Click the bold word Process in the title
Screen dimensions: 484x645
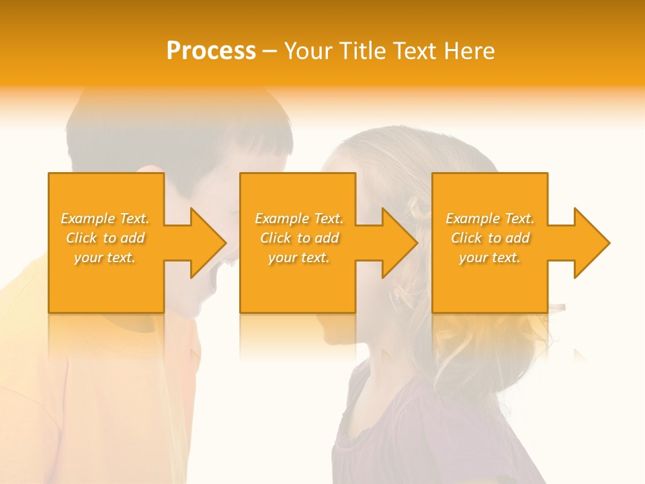(211, 51)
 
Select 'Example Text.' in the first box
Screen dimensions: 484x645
(105, 218)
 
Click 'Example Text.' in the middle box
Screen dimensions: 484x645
(298, 218)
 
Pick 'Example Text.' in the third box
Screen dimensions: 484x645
(490, 218)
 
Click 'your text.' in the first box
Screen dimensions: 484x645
(105, 257)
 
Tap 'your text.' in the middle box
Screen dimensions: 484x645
(298, 257)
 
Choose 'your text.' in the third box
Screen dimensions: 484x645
(490, 257)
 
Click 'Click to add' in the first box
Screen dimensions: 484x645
(105, 238)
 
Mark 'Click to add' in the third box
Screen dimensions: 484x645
(490, 238)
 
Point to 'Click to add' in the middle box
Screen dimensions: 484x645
(298, 238)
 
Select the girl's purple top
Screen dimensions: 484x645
(430, 430)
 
